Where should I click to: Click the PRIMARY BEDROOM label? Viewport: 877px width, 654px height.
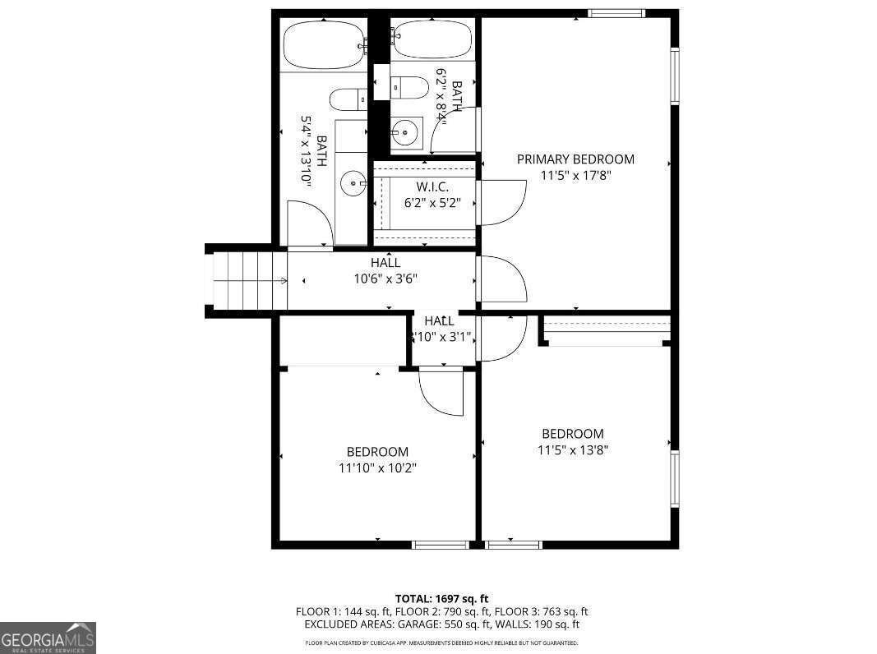[x=575, y=159]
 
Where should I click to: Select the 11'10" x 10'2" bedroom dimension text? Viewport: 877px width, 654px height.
[x=377, y=468]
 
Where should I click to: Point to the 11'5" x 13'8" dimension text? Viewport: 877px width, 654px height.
[x=573, y=449]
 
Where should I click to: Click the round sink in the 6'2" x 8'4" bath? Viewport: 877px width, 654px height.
[x=404, y=131]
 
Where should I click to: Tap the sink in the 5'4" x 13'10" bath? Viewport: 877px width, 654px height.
[x=354, y=183]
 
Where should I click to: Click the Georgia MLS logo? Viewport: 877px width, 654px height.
[x=48, y=638]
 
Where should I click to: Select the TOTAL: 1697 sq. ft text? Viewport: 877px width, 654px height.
[x=441, y=599]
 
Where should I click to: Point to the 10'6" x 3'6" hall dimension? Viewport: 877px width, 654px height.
[x=385, y=279]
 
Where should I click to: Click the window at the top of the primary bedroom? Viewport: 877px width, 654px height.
[x=616, y=13]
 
